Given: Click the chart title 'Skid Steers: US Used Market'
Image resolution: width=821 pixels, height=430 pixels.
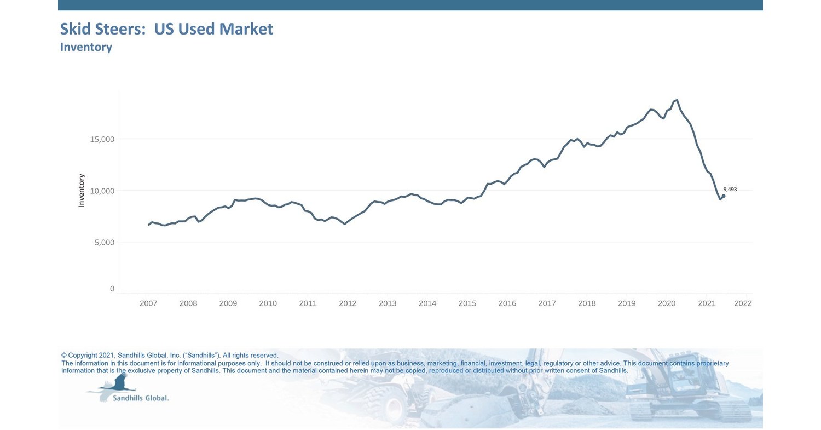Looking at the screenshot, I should [x=166, y=29].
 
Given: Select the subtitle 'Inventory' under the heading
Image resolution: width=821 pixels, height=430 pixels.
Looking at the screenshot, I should [x=86, y=47].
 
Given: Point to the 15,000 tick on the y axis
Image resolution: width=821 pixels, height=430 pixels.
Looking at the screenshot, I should [x=102, y=139].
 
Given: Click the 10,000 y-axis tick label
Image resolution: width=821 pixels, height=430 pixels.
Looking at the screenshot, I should [x=102, y=191].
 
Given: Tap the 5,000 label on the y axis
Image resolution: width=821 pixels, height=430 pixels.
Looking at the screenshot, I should [x=104, y=242].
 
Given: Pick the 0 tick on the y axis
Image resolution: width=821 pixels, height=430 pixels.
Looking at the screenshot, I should [x=112, y=289].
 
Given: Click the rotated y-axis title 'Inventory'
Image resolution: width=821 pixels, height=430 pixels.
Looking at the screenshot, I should [x=82, y=190].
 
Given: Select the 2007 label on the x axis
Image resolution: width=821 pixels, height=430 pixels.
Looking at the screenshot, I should [x=148, y=303].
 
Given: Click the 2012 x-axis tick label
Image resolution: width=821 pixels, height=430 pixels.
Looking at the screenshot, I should [x=348, y=303].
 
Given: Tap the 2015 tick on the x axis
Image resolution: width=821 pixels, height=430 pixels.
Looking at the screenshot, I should [x=467, y=303].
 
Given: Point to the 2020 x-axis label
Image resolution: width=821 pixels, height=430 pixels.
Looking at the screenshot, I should [x=667, y=303].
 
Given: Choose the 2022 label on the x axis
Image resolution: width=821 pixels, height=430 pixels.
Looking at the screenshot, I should [x=743, y=303].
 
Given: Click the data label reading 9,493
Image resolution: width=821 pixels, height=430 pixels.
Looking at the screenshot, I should [x=730, y=190].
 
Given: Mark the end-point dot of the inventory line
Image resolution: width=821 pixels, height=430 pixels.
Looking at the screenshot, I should [x=724, y=196].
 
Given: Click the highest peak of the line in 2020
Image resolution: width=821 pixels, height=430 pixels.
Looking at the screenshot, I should [x=677, y=100].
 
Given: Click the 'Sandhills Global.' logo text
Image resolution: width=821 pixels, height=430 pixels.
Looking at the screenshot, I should [x=141, y=398].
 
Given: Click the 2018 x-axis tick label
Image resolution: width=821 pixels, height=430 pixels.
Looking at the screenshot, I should [x=587, y=303].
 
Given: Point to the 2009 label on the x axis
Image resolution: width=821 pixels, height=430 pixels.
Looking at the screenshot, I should [x=228, y=303].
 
